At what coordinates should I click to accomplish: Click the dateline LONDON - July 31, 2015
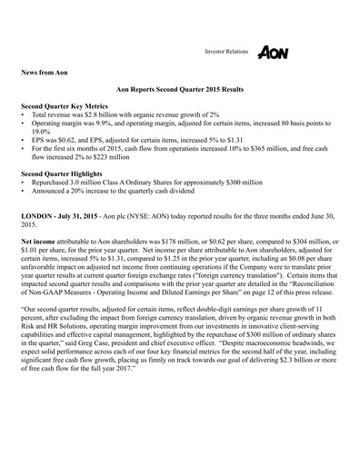[71, 210]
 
